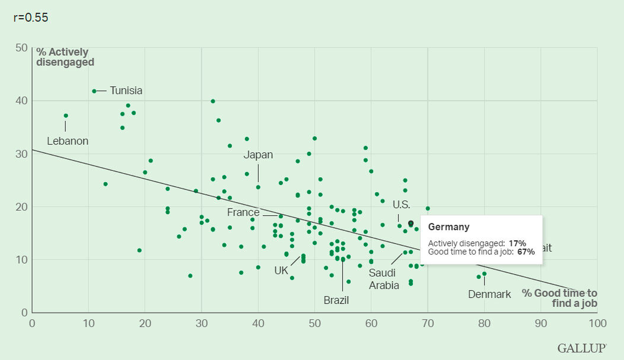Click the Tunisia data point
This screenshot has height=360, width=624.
point(94,91)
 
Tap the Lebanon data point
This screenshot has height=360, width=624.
point(66,116)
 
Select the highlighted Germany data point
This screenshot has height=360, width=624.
point(411,223)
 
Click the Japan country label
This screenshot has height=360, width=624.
point(258,155)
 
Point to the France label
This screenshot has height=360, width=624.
point(243,213)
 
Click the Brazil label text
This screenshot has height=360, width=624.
point(336,300)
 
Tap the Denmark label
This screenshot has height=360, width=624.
point(489,294)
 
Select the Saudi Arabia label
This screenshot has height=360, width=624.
point(383,279)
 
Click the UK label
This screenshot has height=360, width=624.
point(281,271)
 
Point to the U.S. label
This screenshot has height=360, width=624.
point(401,205)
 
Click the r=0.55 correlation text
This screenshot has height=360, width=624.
point(31,17)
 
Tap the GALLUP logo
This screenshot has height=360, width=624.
point(582,348)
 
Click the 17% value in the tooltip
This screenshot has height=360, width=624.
point(517,243)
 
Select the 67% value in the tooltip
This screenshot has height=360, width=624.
point(526,252)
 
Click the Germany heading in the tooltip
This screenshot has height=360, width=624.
point(449,227)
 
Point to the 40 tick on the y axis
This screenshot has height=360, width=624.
point(21,101)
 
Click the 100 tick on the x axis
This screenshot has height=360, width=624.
point(597,324)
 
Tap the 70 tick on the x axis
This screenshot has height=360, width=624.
point(428,324)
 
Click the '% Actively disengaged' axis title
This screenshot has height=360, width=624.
point(65,57)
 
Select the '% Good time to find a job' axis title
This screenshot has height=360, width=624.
point(559,298)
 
